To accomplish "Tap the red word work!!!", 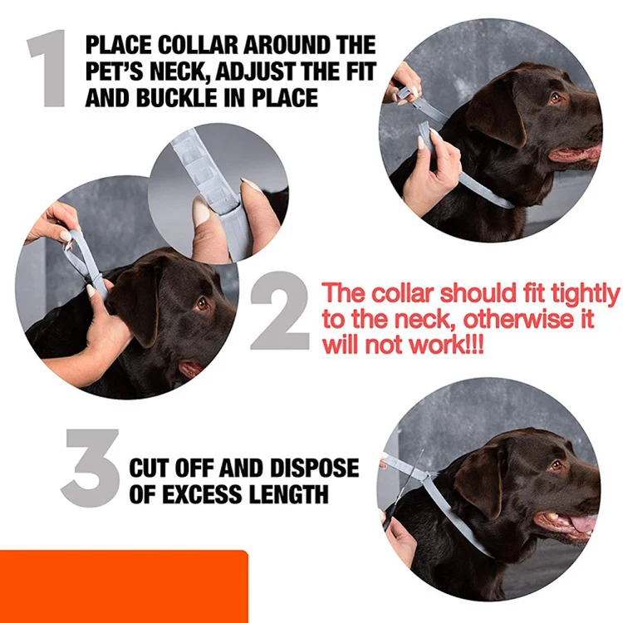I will pos(442,345).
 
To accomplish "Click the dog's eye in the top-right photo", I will pos(554,99).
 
